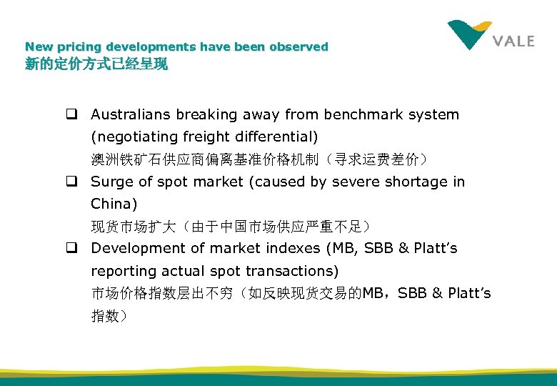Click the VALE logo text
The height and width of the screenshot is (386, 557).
coord(513,41)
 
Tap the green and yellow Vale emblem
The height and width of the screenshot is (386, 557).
coord(469,34)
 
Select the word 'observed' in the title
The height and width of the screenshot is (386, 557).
coord(299,47)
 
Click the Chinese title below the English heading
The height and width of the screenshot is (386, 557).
coord(96,64)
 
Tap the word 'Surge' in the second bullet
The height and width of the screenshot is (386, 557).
coord(111,182)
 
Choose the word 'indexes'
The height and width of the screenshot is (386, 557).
coord(293,248)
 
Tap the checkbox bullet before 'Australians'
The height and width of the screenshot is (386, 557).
coord(73,114)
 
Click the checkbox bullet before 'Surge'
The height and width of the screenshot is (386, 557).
coord(73,182)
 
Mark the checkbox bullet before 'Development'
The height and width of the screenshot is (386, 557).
coord(73,248)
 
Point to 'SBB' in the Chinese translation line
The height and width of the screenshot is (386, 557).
coord(412,293)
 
